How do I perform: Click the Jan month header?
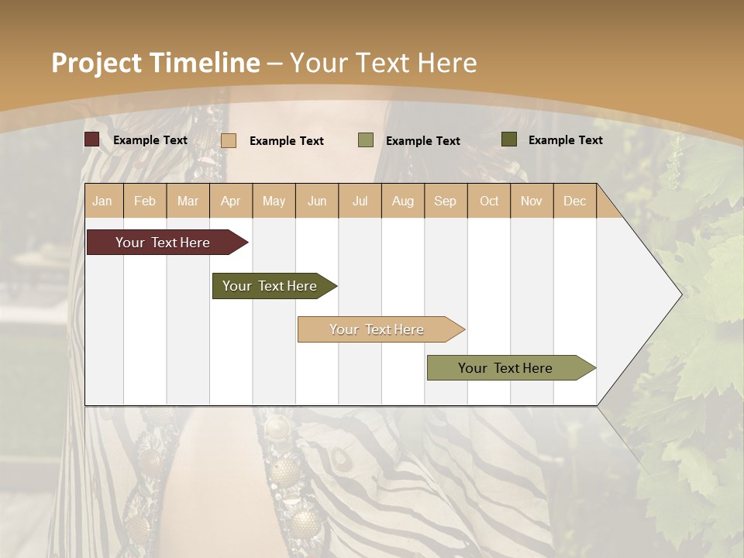[102, 201]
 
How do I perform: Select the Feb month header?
[145, 201]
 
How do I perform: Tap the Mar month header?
[188, 201]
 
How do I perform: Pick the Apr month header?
[231, 201]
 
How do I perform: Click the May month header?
[274, 201]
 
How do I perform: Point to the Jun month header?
[317, 201]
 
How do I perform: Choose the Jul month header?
[360, 201]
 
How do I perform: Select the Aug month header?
[403, 201]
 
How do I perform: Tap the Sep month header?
[446, 201]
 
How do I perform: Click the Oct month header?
[489, 201]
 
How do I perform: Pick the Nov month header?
[532, 201]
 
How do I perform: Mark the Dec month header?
[574, 201]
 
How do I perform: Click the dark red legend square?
[91, 139]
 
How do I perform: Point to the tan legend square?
[229, 140]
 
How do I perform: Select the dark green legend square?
[508, 139]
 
